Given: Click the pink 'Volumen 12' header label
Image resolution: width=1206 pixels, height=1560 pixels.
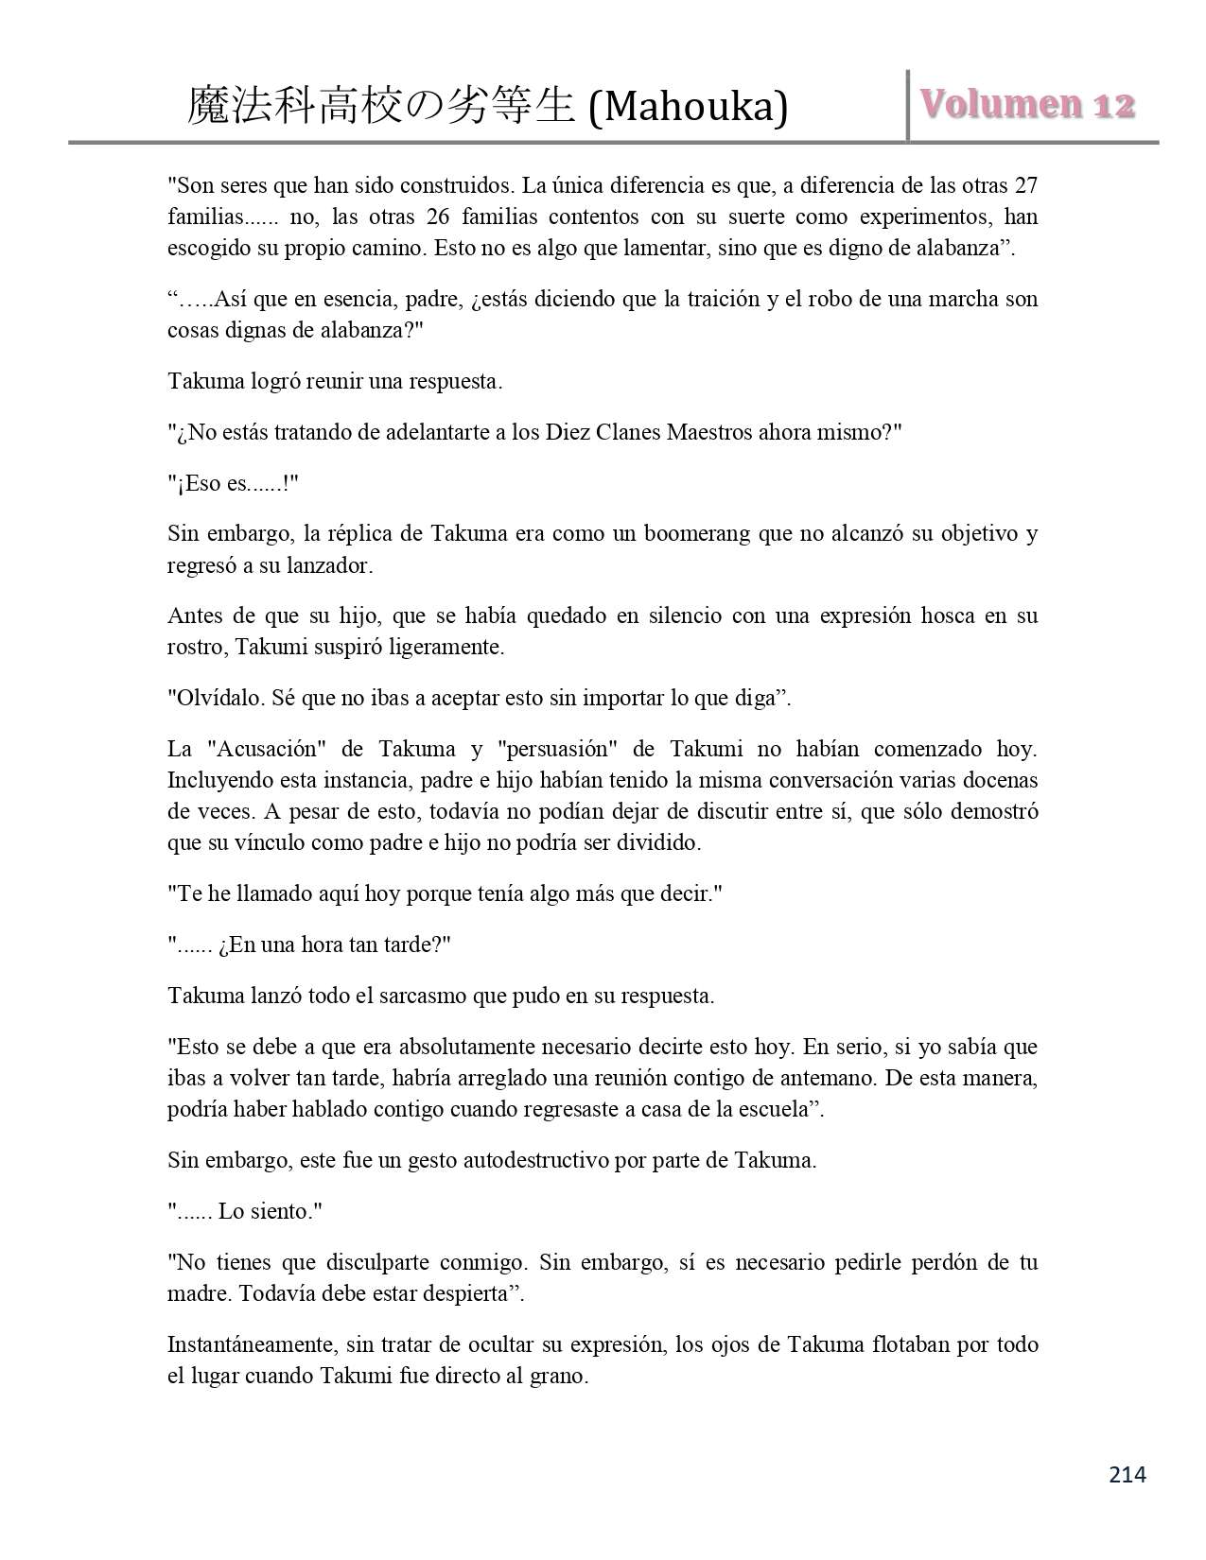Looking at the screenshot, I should (x=1025, y=104).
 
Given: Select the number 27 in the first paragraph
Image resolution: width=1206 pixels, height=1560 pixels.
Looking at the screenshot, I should (x=1026, y=184).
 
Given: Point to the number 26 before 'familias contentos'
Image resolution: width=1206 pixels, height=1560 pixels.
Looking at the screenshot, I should (x=437, y=217).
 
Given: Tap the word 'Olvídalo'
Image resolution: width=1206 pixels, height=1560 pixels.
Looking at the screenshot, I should (x=219, y=699).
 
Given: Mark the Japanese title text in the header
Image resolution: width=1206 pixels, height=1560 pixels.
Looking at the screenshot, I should (x=382, y=106).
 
